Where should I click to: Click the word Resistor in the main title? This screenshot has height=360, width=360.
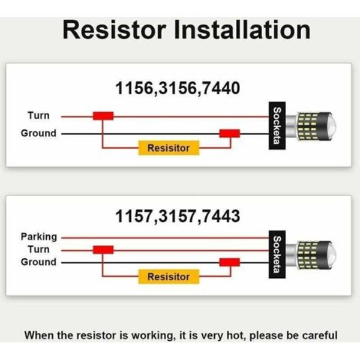115,30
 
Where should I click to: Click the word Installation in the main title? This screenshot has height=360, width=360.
242,30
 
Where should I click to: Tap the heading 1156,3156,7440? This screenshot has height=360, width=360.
178,89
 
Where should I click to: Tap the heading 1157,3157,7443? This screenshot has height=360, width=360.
178,217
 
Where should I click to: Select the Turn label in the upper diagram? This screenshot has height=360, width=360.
38,115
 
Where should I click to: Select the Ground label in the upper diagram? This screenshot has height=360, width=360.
38,133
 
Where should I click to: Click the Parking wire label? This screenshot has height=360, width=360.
39,237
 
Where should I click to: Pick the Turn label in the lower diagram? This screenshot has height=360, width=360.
38,250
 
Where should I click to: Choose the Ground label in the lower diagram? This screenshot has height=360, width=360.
38,262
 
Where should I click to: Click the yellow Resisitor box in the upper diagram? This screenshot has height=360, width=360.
169,148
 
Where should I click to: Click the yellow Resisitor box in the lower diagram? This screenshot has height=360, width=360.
169,277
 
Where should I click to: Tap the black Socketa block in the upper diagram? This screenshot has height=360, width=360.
277,125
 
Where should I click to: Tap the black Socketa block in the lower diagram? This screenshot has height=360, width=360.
277,254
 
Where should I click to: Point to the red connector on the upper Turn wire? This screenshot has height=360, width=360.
103,116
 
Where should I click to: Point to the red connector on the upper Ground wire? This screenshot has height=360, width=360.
230,133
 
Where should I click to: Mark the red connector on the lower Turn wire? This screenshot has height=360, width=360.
103,250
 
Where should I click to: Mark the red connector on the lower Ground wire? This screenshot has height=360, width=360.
230,262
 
